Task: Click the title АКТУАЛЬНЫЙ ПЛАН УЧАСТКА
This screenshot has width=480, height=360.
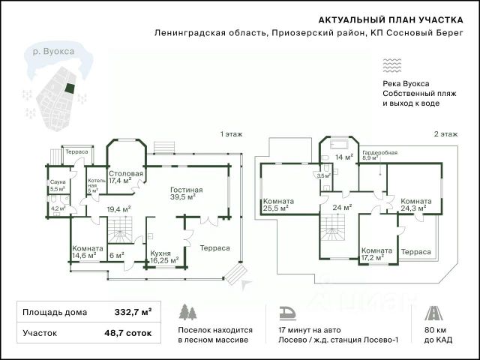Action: click(x=391, y=20)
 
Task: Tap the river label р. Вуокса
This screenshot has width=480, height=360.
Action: click(x=53, y=51)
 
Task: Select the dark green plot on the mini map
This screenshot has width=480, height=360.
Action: click(x=70, y=88)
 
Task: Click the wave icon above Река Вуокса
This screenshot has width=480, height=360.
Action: click(x=391, y=65)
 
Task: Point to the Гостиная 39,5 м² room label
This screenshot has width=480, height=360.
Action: click(x=187, y=193)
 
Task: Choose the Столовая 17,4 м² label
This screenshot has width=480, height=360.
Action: click(x=126, y=177)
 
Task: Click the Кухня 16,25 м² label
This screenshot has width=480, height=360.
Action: click(x=164, y=257)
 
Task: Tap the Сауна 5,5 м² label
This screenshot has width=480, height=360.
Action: click(x=58, y=185)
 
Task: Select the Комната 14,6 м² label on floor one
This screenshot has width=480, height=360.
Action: click(x=88, y=252)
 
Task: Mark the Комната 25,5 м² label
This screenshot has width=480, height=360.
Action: click(x=278, y=205)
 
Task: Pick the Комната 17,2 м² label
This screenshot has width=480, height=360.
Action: click(x=376, y=254)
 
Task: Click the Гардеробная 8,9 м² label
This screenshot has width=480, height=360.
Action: click(x=380, y=155)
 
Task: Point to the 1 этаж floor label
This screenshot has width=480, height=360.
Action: click(x=232, y=134)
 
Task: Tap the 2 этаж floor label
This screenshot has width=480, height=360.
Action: click(x=445, y=134)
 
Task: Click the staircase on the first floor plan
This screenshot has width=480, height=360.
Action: click(x=120, y=230)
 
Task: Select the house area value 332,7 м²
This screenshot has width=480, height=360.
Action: click(x=133, y=312)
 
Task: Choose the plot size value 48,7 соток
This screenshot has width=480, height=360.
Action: click(x=128, y=333)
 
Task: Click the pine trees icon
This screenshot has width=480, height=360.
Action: click(x=187, y=312)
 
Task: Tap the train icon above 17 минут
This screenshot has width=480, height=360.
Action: click(x=288, y=313)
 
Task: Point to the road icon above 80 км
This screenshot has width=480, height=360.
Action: click(x=433, y=313)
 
